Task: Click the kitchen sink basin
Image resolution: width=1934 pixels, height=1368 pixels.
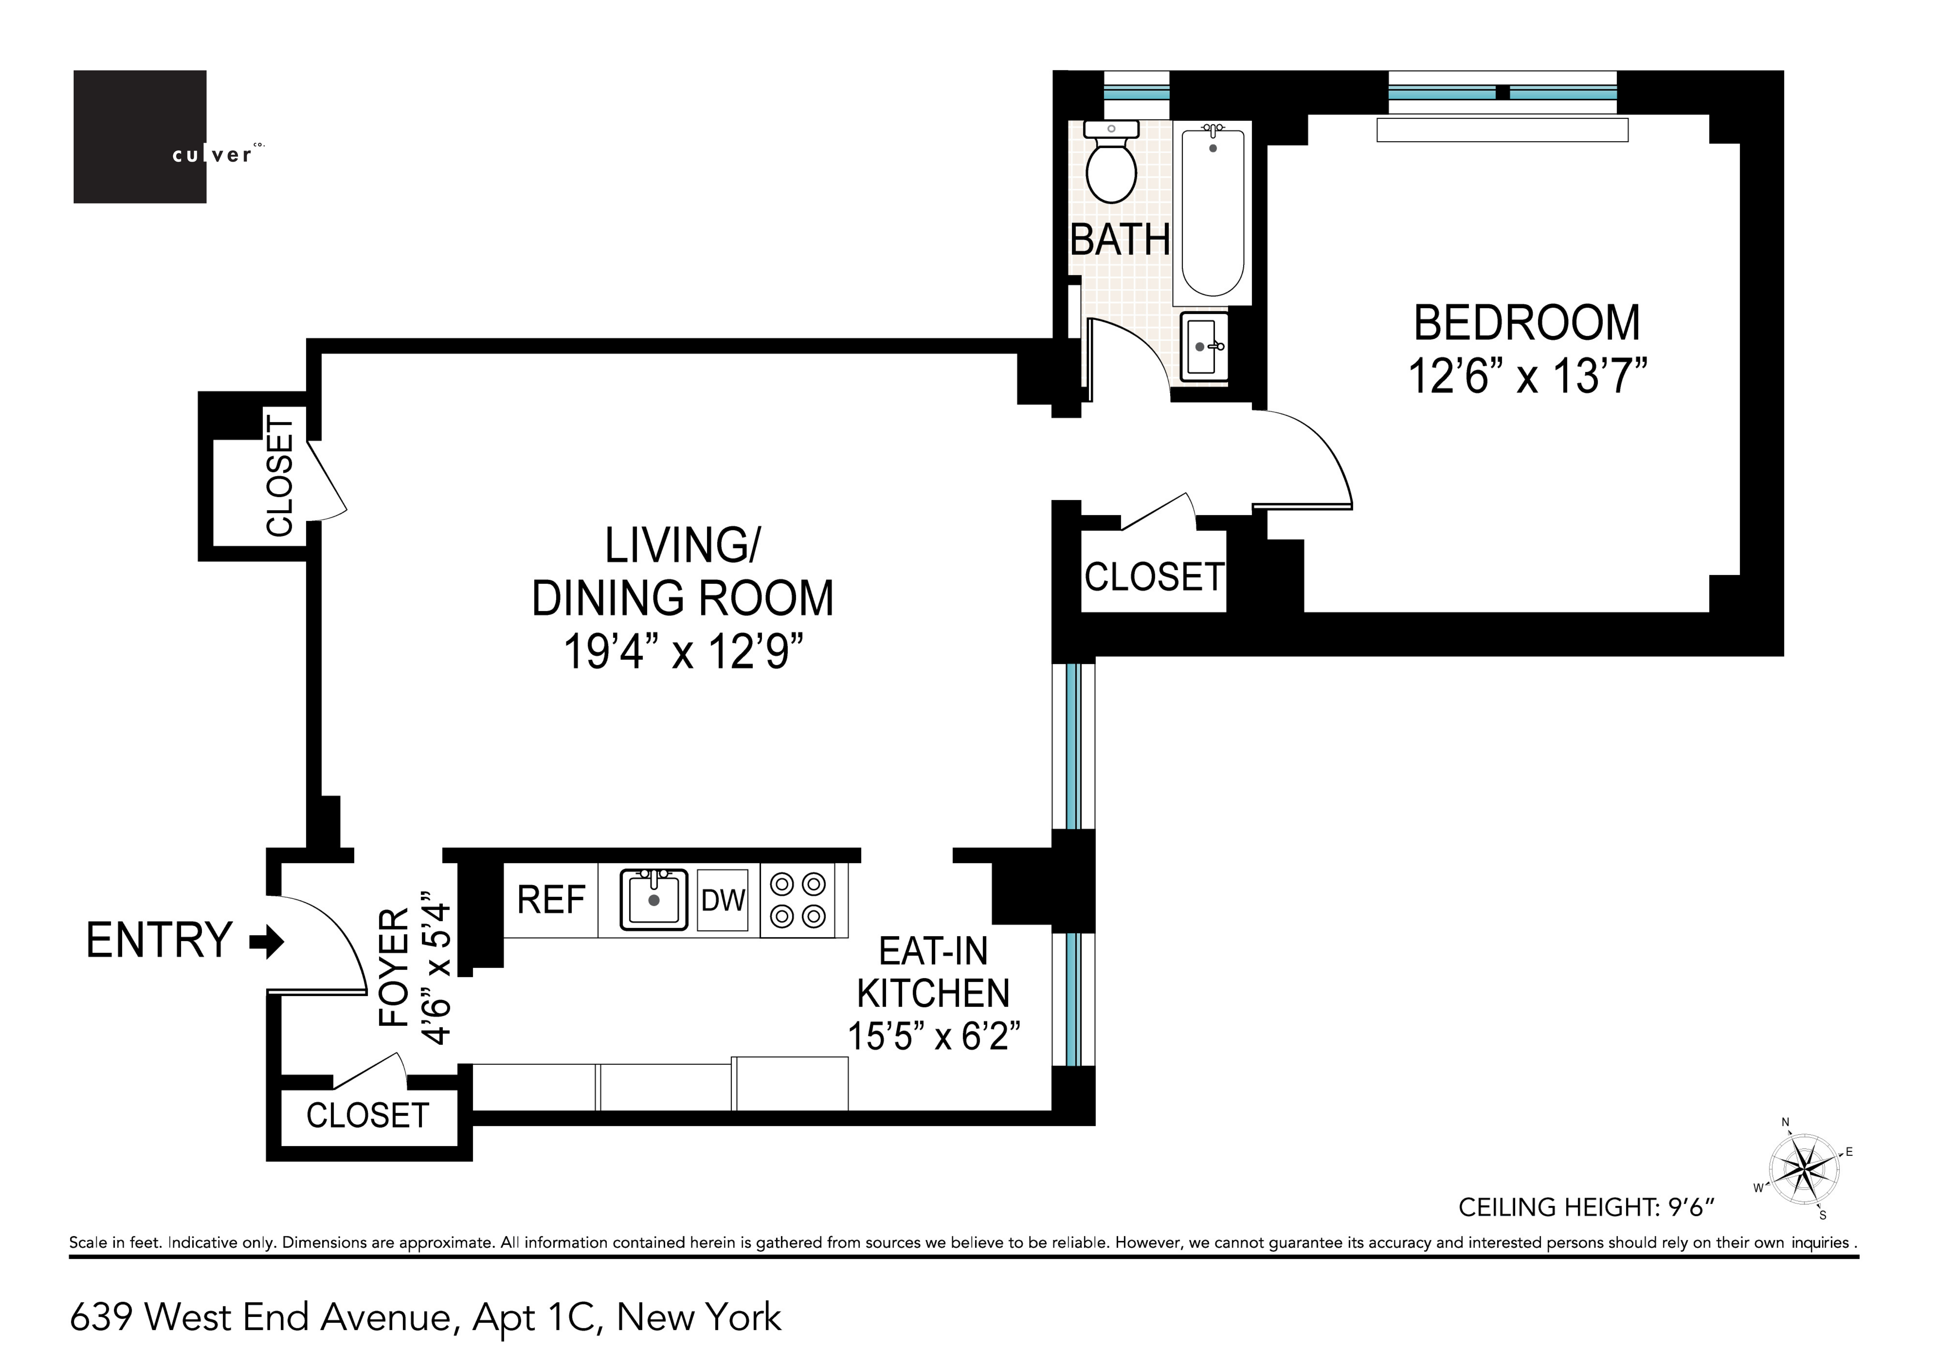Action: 654,900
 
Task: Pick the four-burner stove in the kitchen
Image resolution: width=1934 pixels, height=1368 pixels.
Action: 798,900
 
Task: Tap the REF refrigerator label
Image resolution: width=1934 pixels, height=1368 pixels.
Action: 551,900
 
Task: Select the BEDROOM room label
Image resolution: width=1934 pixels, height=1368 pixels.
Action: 1526,323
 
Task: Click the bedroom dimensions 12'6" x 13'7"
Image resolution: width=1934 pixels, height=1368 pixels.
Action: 1527,376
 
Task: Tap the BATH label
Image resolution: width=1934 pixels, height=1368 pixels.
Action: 1119,240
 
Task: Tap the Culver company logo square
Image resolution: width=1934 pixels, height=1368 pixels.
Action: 140,136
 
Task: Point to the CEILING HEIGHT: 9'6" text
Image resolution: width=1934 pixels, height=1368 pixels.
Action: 1586,1207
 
